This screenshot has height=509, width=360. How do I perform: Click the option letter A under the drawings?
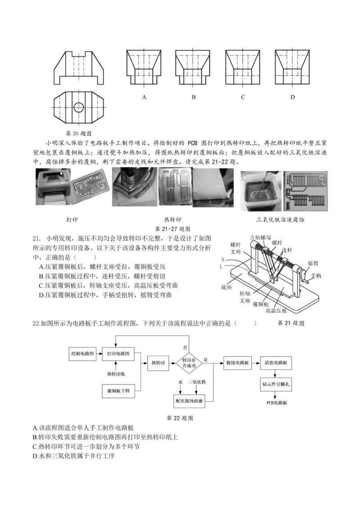pyautogui.click(x=144, y=97)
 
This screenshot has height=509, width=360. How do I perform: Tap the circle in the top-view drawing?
pyautogui.click(x=79, y=108)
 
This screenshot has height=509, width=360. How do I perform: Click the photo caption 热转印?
pyautogui.click(x=172, y=219)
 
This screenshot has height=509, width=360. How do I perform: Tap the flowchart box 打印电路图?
pyautogui.click(x=118, y=354)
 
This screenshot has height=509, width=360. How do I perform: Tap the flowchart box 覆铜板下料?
pyautogui.click(x=118, y=391)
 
